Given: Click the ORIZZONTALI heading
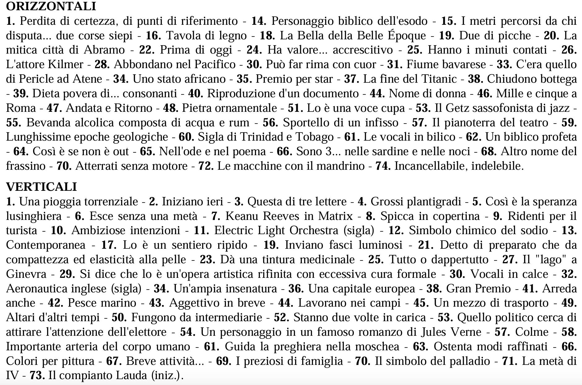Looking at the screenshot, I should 51,6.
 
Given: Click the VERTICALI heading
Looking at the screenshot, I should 41,187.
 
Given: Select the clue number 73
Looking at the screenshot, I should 37,375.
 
